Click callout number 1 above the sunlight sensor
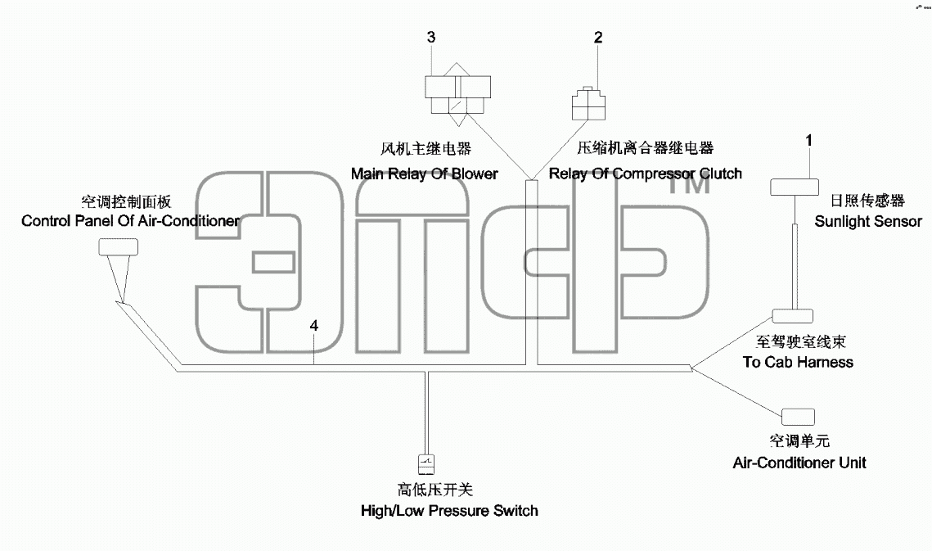click(x=808, y=141)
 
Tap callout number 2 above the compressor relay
click(x=598, y=38)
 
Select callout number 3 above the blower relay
click(x=431, y=38)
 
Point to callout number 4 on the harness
click(x=314, y=326)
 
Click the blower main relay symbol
click(x=457, y=94)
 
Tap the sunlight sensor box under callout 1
click(x=795, y=187)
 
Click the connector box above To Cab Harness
click(x=792, y=316)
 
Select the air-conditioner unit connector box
click(x=798, y=417)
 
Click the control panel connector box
click(x=119, y=247)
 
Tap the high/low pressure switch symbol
click(x=426, y=464)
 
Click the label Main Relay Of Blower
click(x=425, y=174)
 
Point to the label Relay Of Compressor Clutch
click(x=646, y=174)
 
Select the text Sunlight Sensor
click(x=868, y=221)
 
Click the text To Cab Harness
click(x=798, y=362)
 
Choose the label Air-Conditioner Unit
click(x=799, y=463)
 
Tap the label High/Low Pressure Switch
click(x=449, y=511)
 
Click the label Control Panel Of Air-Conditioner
click(x=131, y=221)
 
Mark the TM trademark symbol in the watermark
click(x=690, y=185)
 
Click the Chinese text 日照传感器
click(x=867, y=201)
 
